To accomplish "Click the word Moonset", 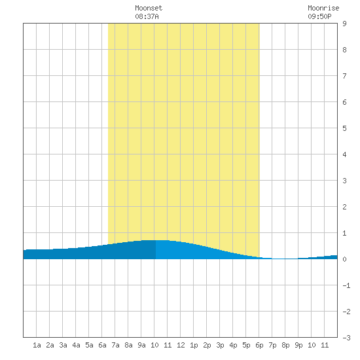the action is pos(149,8).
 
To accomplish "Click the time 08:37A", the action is pos(147,16).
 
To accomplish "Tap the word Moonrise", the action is pos(323,8).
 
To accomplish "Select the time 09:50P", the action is pos(319,16).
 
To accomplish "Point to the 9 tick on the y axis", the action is pos(344,24).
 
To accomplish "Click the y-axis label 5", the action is pos(344,128).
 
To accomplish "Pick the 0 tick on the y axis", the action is pos(344,259).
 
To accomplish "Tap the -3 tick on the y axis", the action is pos(346,338).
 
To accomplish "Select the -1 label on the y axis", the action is pos(346,285).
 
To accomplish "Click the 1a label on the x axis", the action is pos(37,345).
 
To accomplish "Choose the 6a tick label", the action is pos(102,345).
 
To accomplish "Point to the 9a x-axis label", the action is pos(141,345).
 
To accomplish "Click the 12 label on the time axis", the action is pos(181,345).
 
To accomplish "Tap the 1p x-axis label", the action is pos(194,345).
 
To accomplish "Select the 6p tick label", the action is pos(259,345).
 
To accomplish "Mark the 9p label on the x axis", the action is pos(298,345).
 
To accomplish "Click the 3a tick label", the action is pos(63,345).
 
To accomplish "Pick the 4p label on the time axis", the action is pos(233,345).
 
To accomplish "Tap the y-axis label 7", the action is pos(344,76).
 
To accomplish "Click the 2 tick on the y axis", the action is pos(344,207).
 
